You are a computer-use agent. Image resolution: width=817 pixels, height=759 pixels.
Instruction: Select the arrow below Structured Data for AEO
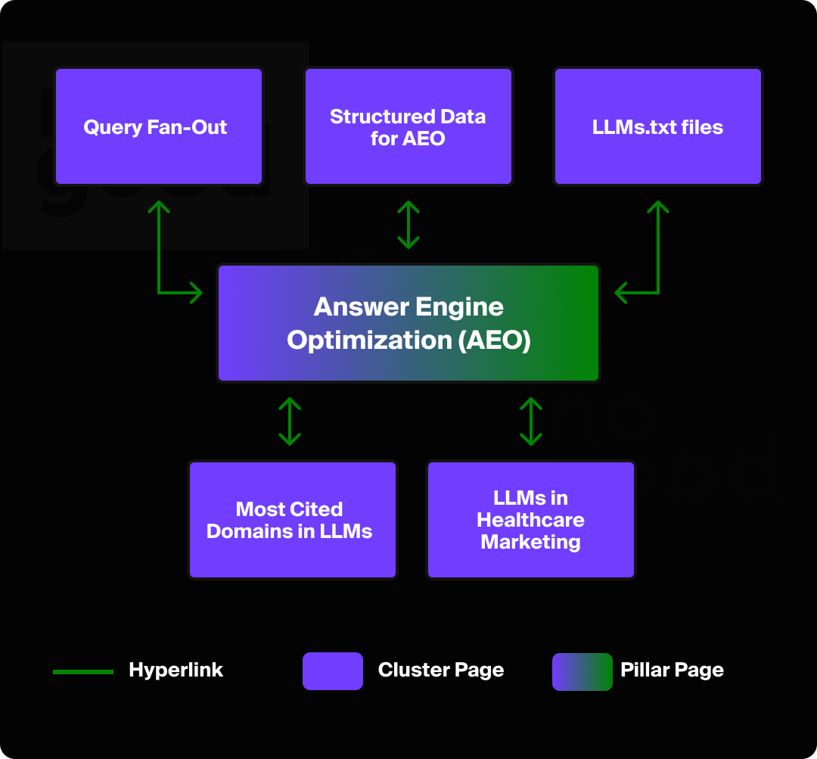coord(408,225)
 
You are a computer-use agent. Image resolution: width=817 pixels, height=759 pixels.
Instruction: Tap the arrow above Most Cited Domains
coord(290,421)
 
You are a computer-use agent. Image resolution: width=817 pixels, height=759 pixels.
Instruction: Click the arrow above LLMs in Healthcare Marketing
coord(531,421)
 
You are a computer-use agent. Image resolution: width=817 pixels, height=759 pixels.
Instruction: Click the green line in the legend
coord(83,671)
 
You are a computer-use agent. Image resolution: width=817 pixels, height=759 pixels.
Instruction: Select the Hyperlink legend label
coord(176,670)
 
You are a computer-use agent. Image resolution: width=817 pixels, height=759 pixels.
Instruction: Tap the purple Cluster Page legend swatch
coord(333,671)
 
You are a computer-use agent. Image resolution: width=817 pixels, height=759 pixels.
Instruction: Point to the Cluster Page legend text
coord(440,670)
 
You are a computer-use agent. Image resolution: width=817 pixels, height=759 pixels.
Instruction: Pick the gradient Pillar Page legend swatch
coord(582,671)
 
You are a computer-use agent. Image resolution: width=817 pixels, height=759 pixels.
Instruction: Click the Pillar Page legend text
coord(672,670)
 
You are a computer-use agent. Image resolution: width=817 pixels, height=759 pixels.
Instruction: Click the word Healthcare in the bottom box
coord(530,521)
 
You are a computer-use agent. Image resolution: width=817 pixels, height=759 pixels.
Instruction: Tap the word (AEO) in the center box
coord(494,341)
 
